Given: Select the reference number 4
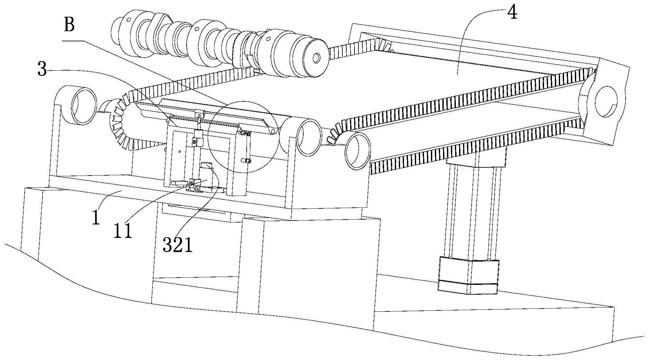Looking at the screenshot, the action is [512, 13].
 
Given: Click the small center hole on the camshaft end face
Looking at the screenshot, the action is [316, 58].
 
